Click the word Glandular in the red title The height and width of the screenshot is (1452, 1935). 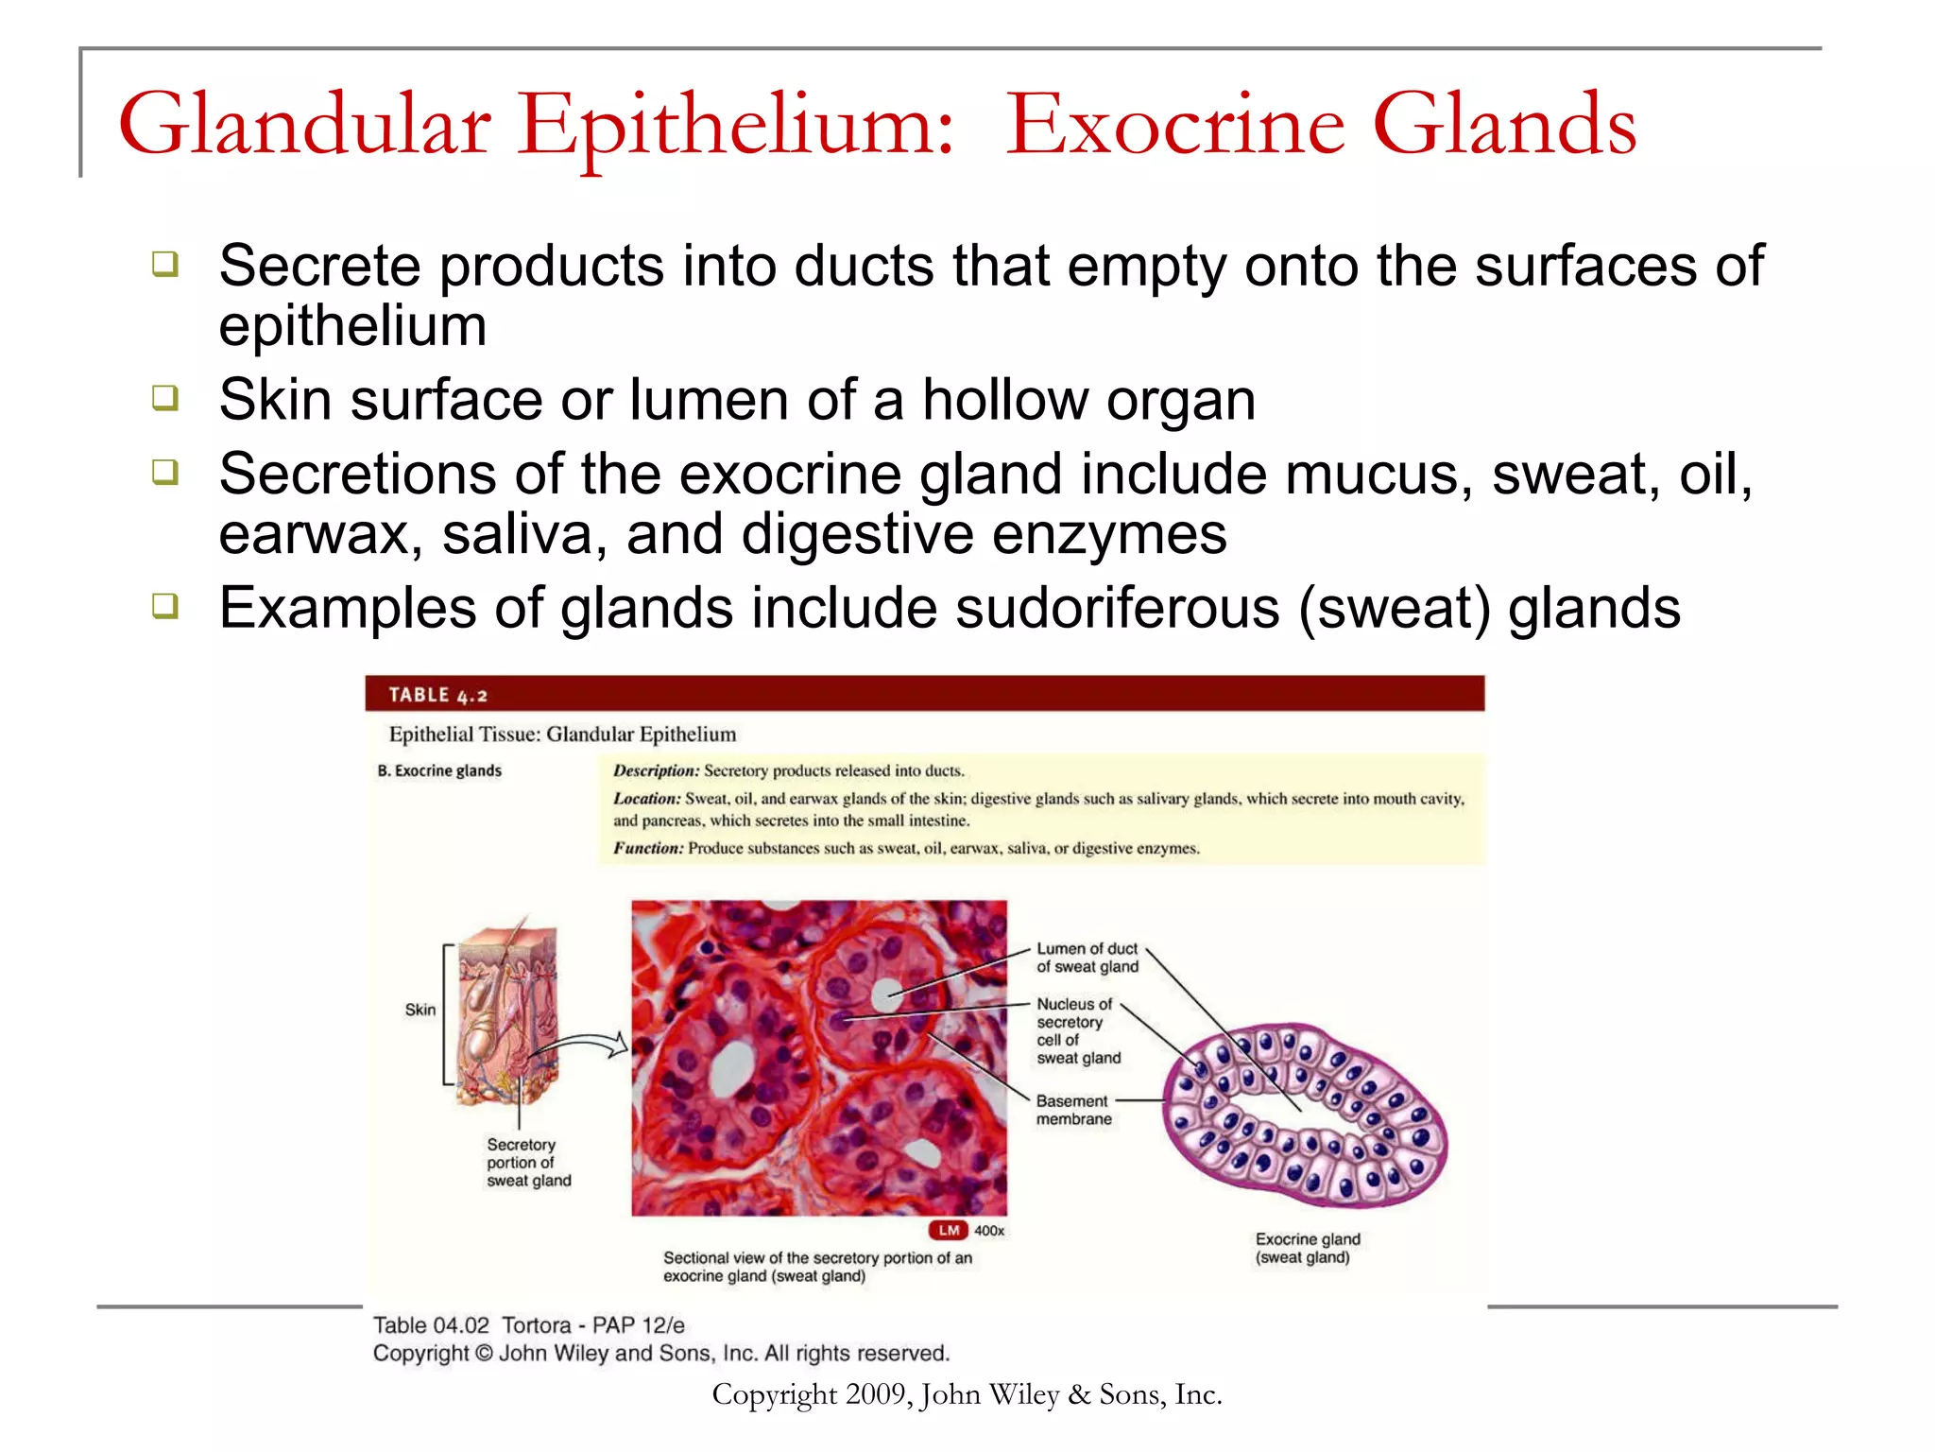click(304, 126)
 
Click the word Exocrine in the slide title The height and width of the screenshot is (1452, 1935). click(1174, 126)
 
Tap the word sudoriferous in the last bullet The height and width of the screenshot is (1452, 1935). click(1117, 607)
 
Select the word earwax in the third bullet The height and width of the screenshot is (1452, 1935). click(313, 535)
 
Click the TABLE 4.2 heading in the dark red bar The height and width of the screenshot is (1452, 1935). click(437, 695)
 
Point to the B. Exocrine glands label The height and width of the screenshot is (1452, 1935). click(439, 770)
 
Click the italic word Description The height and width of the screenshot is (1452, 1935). click(656, 770)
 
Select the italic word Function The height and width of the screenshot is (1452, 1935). click(647, 848)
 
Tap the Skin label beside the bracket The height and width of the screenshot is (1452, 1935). click(420, 1010)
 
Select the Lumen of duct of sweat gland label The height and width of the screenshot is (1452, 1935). click(1087, 958)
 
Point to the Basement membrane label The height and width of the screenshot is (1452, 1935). click(1073, 1110)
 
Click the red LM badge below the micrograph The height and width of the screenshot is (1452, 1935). click(949, 1230)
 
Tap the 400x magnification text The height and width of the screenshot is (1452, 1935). click(989, 1231)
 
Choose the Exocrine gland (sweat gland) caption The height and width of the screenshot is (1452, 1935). click(1307, 1248)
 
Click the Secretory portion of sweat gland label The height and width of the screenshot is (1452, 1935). click(528, 1163)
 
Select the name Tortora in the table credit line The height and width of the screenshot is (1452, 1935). click(536, 1325)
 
